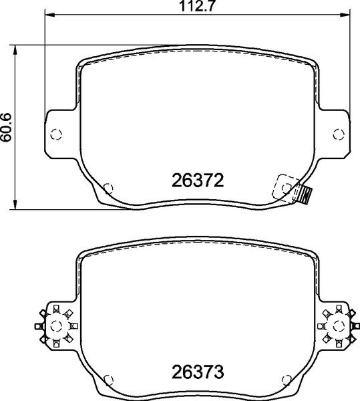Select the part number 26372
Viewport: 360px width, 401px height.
click(x=197, y=180)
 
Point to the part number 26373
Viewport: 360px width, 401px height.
click(x=197, y=370)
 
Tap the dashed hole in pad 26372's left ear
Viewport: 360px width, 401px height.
click(x=57, y=132)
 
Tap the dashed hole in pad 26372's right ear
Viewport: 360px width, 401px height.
click(x=337, y=132)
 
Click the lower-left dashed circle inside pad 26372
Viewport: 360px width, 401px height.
click(x=110, y=188)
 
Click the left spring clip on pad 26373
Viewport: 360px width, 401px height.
click(x=55, y=325)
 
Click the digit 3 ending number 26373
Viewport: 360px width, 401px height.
click(x=217, y=370)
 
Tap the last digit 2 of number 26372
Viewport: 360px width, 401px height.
click(x=217, y=180)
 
